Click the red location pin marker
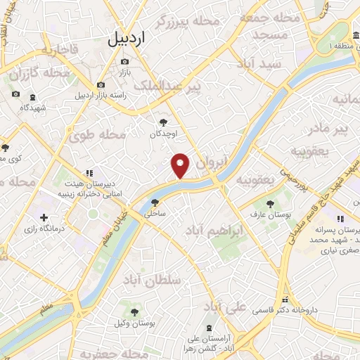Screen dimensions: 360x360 [181, 165]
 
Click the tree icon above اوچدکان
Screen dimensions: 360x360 [164, 122]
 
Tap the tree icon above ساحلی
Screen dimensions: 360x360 [155, 202]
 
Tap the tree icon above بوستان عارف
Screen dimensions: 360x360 [270, 203]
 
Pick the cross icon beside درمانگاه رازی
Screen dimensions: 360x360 [44, 218]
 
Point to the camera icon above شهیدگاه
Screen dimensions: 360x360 [15, 95]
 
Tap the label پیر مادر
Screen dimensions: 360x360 [329, 129]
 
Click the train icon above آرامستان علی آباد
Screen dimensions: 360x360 [208, 328]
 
